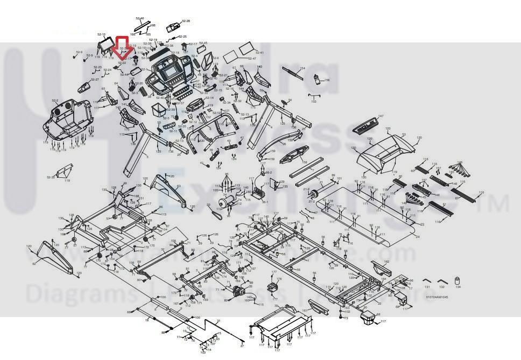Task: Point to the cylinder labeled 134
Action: (x=458, y=281)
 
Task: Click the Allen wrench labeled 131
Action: (x=426, y=281)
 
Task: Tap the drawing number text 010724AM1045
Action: (x=436, y=297)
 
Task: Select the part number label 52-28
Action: (x=186, y=21)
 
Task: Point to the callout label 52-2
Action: (x=55, y=101)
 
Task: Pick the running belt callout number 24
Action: (x=418, y=236)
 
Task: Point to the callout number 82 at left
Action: (x=33, y=263)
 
